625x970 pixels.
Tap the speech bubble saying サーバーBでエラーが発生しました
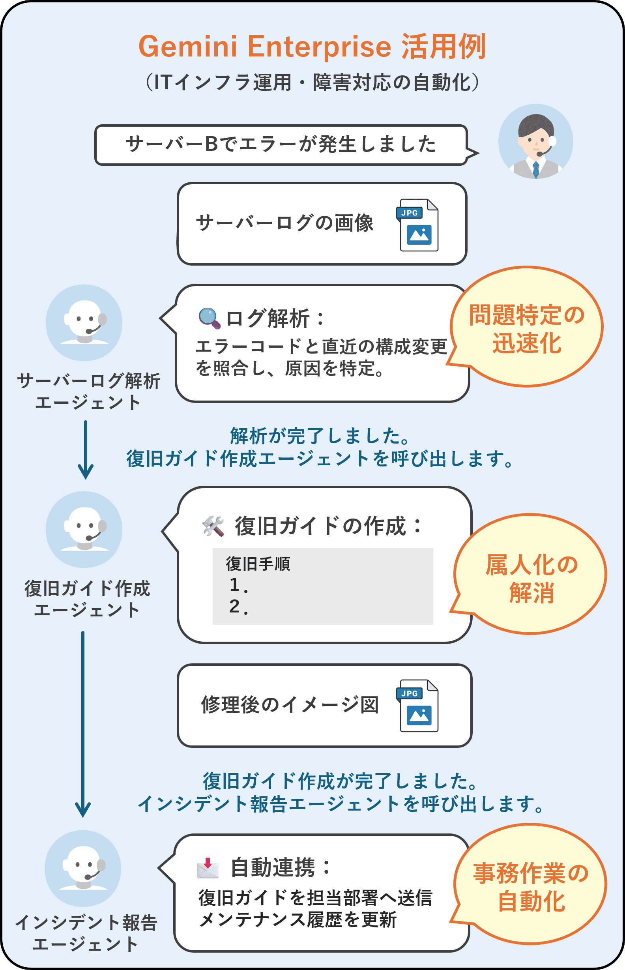coord(281,144)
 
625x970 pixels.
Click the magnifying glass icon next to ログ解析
coord(209,318)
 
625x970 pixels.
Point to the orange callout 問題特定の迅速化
coord(527,327)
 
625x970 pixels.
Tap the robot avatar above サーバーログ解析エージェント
coord(84,323)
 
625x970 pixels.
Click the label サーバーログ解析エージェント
coord(88,391)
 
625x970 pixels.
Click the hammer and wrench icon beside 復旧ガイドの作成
coord(213,526)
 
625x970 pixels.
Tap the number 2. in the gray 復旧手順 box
coord(238,607)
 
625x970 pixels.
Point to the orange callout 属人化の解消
coord(531,574)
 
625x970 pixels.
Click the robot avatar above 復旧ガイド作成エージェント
coord(84,529)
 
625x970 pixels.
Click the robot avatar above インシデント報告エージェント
coord(83,869)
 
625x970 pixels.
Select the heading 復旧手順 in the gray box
coord(258,564)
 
